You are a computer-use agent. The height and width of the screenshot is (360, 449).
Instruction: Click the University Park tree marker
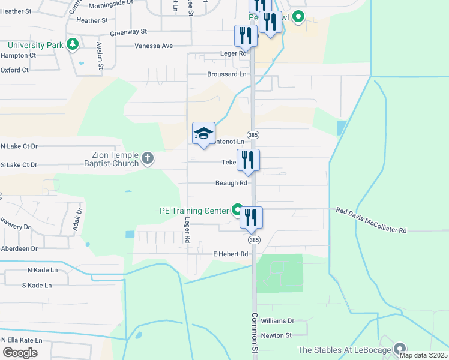click(73, 44)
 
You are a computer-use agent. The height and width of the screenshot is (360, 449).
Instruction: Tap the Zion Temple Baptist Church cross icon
click(148, 159)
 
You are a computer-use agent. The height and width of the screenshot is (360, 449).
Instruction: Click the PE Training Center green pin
click(237, 211)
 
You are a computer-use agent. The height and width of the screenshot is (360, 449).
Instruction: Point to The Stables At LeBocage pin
click(400, 349)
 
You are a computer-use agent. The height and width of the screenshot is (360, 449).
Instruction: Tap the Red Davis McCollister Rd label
click(371, 220)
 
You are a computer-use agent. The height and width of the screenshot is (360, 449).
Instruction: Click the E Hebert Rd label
click(231, 254)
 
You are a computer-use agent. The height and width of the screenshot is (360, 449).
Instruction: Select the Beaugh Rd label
click(231, 183)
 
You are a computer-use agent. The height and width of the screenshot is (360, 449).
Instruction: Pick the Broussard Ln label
click(226, 74)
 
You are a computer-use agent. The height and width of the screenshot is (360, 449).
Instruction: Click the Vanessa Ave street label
click(154, 46)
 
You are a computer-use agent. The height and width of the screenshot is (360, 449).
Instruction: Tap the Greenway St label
click(128, 31)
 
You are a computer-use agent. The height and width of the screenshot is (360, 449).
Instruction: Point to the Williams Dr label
click(277, 321)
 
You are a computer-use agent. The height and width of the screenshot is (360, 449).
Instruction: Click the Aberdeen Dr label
click(19, 248)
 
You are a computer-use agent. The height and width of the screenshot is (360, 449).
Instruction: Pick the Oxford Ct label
click(14, 70)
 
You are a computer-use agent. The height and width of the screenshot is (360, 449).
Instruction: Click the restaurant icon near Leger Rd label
click(245, 37)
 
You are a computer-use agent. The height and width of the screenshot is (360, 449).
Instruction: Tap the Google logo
click(20, 352)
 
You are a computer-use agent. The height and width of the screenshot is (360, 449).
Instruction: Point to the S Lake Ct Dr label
click(19, 164)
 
